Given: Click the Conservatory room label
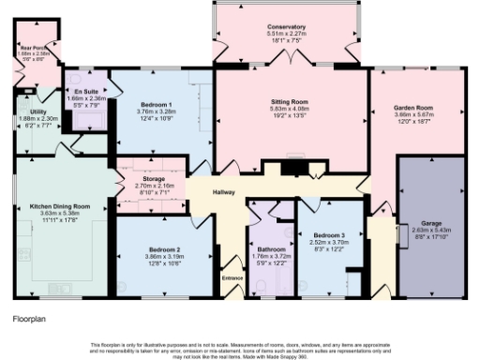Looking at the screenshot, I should [x=286, y=27].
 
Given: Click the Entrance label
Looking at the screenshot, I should [x=232, y=277].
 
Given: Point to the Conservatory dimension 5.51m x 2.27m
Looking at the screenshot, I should [x=286, y=35].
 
